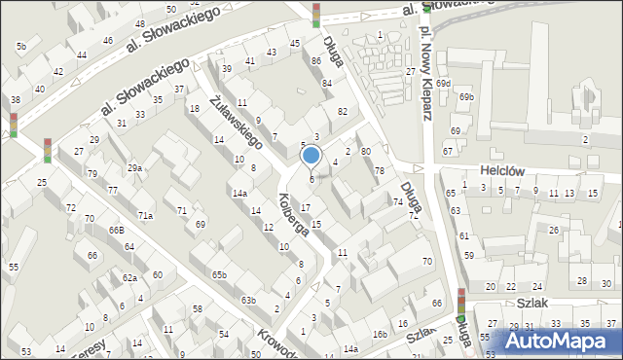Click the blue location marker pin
click(x=311, y=156)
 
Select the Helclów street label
click(x=503, y=170)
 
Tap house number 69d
click(x=443, y=84)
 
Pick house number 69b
click(x=467, y=97)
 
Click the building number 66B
click(x=116, y=230)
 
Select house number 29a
click(x=134, y=167)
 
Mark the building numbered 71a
click(x=144, y=215)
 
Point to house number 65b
click(x=219, y=275)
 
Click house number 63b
click(x=248, y=300)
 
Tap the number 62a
click(x=129, y=277)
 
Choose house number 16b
click(x=379, y=335)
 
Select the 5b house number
click(x=20, y=46)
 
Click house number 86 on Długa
click(x=316, y=61)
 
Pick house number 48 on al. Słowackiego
click(x=140, y=23)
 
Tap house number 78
click(x=380, y=171)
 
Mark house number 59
click(x=468, y=255)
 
